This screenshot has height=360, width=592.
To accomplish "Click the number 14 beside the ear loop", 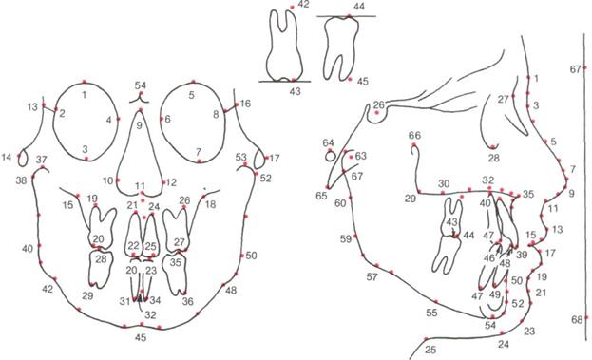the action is [x=7, y=157].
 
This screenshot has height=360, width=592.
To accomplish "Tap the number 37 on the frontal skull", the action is [x=42, y=160].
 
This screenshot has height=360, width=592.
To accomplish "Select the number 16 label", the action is [x=245, y=104].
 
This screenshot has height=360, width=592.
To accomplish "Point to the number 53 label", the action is [x=240, y=157].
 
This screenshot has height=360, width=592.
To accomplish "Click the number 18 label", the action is [x=210, y=204].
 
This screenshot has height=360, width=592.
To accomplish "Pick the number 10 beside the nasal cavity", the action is [x=108, y=180].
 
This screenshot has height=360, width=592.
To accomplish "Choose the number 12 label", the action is [x=171, y=182].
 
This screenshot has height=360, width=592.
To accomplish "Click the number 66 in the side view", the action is [x=414, y=135].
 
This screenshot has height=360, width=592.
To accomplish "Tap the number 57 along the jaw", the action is [x=372, y=277].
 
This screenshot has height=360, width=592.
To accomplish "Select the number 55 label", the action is [x=431, y=313].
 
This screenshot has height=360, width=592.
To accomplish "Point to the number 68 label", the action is [x=577, y=320].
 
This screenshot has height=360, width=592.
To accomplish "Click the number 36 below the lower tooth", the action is [x=187, y=301].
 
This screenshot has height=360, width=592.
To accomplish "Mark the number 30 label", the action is [x=444, y=183].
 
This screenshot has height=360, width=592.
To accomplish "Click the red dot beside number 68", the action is [x=586, y=318].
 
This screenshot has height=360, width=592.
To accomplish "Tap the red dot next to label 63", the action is [x=352, y=157].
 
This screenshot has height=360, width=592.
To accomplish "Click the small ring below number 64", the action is [x=331, y=156].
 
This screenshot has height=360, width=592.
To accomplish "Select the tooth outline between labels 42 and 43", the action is [x=285, y=46].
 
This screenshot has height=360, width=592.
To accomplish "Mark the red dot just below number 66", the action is [x=414, y=145].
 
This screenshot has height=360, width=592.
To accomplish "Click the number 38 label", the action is [x=22, y=180].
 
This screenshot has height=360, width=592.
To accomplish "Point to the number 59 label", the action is [x=346, y=238].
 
